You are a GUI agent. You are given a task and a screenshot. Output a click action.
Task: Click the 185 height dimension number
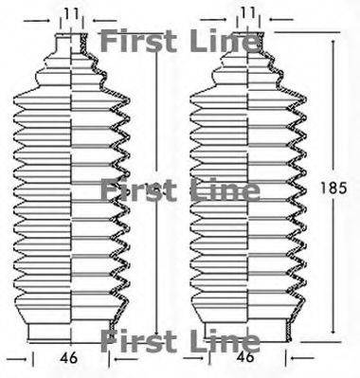coord(333,189)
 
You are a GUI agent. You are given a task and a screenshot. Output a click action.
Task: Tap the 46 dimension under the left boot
coord(68,358)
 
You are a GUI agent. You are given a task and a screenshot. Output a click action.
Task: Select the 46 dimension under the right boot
coord(245,357)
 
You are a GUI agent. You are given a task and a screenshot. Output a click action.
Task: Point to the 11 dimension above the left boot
coord(71,13)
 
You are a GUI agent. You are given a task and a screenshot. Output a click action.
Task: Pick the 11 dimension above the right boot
coord(248,13)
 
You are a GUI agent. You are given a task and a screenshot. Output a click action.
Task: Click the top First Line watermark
coord(180,42)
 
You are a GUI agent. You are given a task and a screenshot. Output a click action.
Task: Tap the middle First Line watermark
coord(180,190)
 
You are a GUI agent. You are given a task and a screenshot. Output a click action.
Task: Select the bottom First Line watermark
coord(180,341)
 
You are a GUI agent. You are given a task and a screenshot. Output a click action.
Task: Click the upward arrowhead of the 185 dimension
coord(333,43)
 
